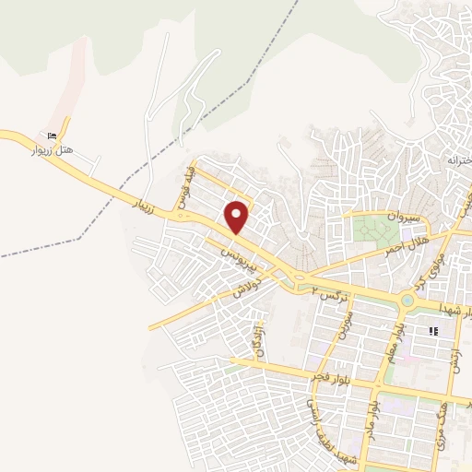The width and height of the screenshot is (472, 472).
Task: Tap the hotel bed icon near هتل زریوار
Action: pyautogui.click(x=64, y=134)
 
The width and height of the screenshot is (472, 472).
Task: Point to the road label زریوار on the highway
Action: pyautogui.click(x=150, y=205)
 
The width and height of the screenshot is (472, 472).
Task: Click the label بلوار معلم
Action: pyautogui.click(x=392, y=343)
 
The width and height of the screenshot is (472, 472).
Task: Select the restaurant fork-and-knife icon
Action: pyautogui.click(x=431, y=331)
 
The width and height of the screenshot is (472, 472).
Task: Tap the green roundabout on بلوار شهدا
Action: pyautogui.click(x=407, y=301)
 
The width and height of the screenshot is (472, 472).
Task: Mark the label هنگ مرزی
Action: pyautogui.click(x=439, y=407)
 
